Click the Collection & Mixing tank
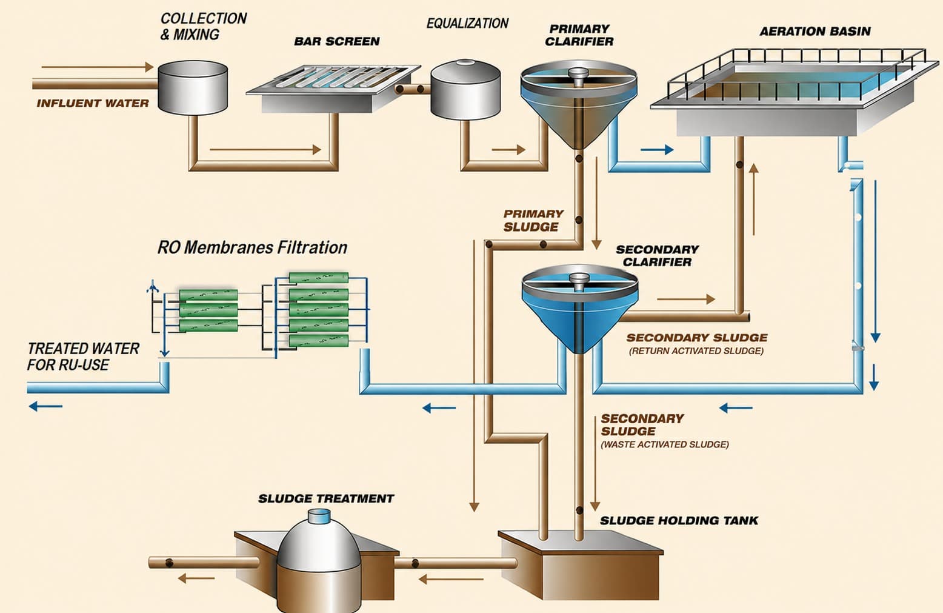click(193, 87)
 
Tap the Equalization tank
click(465, 89)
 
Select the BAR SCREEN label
click(337, 41)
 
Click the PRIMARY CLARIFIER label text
click(579, 35)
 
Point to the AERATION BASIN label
click(815, 32)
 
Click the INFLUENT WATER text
click(93, 103)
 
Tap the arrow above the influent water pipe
click(97, 67)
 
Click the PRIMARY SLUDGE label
click(533, 220)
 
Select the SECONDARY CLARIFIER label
click(657, 256)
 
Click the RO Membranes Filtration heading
click(252, 248)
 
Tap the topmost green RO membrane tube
click(318, 278)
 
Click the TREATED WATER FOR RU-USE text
click(83, 357)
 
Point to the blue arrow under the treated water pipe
click(45, 407)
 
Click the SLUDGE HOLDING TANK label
click(679, 521)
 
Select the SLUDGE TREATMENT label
click(326, 499)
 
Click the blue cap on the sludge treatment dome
click(319, 516)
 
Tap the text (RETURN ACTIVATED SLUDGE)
click(696, 351)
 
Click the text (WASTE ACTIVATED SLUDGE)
click(664, 444)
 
